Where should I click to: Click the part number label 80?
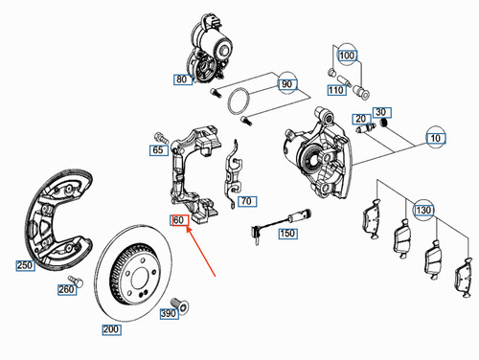coord(182,80)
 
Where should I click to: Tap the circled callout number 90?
coord(286,85)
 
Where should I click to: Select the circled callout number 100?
coord(346,56)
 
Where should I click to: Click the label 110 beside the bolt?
coord(336,89)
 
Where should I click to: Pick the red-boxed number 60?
coord(177,220)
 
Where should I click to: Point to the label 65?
coord(158,150)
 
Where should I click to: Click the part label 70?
coord(245,202)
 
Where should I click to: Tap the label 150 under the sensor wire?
coord(286,233)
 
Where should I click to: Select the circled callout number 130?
coord(422,208)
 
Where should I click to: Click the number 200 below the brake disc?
coord(113,328)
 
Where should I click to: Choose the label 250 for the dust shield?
coord(24,265)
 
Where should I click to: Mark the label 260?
coord(66,289)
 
